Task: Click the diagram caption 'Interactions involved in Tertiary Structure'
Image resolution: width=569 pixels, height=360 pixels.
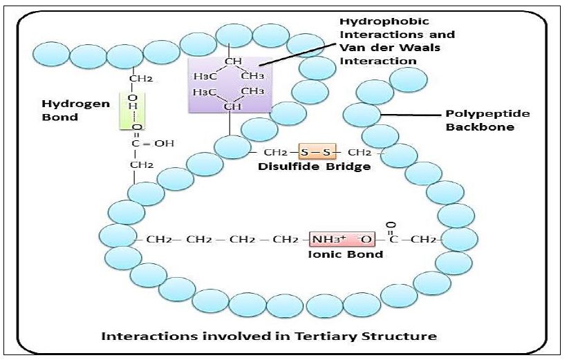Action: coord(269,337)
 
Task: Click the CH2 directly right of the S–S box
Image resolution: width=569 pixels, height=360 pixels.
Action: coord(359,151)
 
